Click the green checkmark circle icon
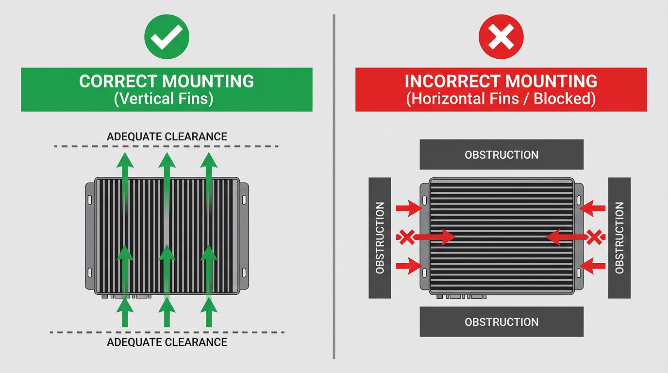tap(167, 36)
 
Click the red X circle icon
tap(501, 36)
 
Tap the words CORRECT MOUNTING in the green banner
tap(167, 81)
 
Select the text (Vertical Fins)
tap(164, 99)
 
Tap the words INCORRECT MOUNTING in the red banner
tap(501, 81)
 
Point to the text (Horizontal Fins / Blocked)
tap(501, 99)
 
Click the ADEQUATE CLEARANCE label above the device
tap(167, 136)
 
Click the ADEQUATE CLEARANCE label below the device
tap(167, 342)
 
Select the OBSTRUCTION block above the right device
tap(501, 154)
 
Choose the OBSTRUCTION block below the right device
tap(501, 322)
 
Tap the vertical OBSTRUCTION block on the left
tap(380, 237)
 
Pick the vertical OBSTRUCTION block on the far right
tap(619, 237)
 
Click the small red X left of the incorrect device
tap(407, 237)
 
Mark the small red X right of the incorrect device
tap(594, 237)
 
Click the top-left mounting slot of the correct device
tap(89, 199)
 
